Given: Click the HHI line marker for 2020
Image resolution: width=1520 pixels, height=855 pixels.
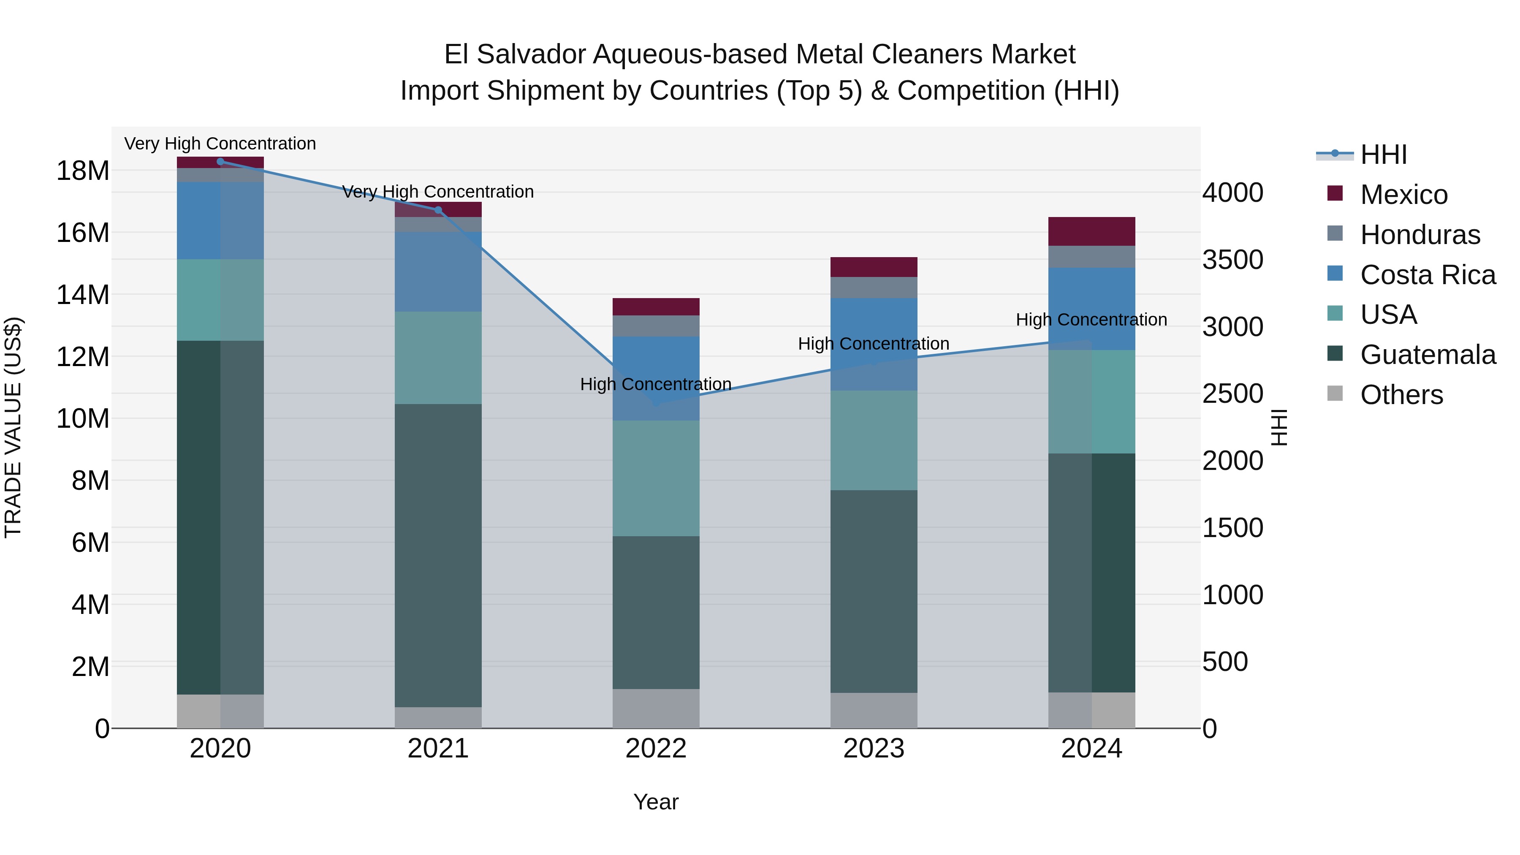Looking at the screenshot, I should click(x=220, y=162).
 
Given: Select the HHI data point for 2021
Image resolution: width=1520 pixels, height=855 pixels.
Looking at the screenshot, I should click(x=438, y=210).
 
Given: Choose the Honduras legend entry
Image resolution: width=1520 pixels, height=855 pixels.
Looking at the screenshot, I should click(x=1420, y=235).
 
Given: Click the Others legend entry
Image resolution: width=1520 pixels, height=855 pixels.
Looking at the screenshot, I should click(x=1401, y=395).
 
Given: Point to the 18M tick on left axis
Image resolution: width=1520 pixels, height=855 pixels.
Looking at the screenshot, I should click(x=83, y=171).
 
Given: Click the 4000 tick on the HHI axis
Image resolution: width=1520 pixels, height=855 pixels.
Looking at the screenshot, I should click(x=1232, y=193).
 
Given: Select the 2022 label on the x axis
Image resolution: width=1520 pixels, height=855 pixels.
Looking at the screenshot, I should click(x=656, y=749).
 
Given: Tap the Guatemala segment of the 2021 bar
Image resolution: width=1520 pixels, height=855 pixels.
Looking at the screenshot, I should click(x=438, y=555).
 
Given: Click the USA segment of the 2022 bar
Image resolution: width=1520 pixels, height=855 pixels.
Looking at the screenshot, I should click(x=656, y=478).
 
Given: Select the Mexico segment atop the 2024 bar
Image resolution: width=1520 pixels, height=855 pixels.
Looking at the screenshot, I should click(x=1091, y=231).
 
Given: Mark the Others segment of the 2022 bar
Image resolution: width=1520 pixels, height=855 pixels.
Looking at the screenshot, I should click(x=656, y=708).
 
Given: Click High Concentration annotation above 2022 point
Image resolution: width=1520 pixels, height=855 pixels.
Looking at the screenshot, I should click(x=656, y=384).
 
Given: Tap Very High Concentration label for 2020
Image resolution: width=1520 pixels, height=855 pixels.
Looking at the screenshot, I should click(x=220, y=144).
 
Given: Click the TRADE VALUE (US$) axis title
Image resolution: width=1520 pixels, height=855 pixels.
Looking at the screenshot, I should click(x=13, y=427).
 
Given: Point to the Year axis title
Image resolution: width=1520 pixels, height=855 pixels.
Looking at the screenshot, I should click(x=656, y=802).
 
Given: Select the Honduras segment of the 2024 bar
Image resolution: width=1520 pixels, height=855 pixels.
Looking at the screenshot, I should click(x=1091, y=257).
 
